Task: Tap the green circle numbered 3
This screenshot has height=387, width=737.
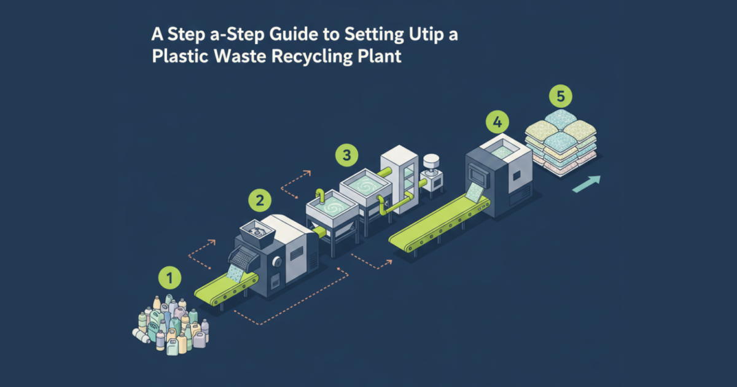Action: click(346, 155)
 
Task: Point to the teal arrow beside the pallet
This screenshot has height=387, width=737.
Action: click(587, 183)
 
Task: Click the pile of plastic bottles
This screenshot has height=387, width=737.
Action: click(172, 324)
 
